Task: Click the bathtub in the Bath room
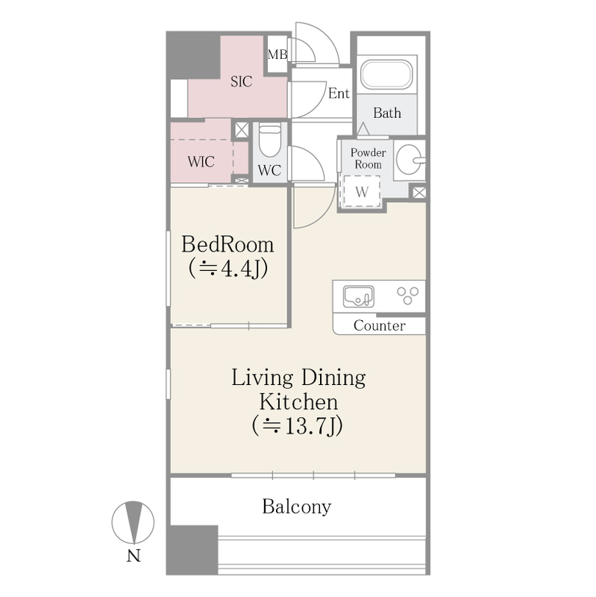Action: click(x=386, y=75)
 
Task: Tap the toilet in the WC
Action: click(x=270, y=140)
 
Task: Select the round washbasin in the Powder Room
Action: click(x=410, y=159)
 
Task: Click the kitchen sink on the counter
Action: click(x=358, y=296)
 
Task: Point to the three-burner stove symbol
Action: click(x=407, y=296)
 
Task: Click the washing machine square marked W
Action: click(x=362, y=191)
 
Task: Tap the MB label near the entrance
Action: click(x=277, y=54)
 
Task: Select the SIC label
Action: click(x=241, y=81)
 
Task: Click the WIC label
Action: click(x=201, y=162)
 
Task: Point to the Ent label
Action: click(x=339, y=93)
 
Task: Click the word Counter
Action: click(x=380, y=325)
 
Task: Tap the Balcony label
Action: click(x=296, y=507)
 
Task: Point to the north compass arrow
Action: click(x=134, y=522)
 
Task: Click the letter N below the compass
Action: click(x=134, y=556)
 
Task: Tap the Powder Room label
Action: click(x=368, y=158)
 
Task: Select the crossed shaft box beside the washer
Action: click(x=419, y=193)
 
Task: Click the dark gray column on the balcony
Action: click(x=194, y=550)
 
